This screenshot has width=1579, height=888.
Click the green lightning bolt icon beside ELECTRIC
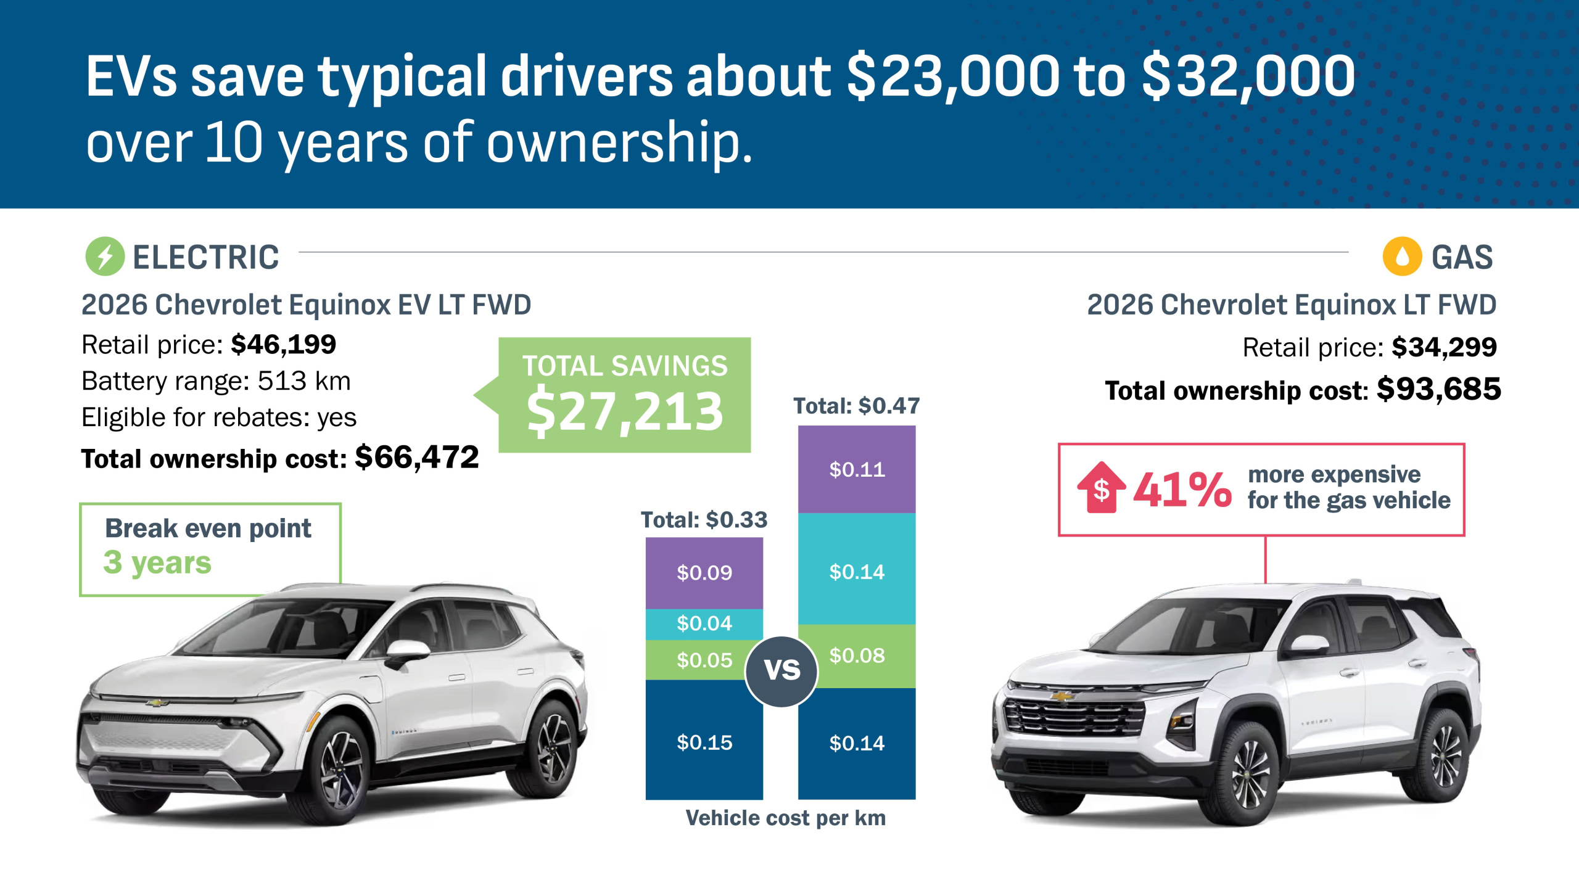105,256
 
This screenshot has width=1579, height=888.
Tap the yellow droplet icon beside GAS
1402,256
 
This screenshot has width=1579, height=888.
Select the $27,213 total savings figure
625,411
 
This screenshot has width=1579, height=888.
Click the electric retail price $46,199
284,345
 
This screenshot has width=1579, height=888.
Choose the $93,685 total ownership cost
1438,389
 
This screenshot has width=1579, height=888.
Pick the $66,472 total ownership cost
417,458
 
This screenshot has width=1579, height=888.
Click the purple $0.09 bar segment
704,573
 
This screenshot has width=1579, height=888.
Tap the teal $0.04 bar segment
704,623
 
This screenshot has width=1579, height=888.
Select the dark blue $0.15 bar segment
704,742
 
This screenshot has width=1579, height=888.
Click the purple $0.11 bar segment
856,469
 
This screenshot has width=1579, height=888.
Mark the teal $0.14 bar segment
856,572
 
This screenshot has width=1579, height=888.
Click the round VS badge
781,671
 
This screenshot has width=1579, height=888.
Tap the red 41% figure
1182,490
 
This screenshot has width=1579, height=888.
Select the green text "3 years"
157,562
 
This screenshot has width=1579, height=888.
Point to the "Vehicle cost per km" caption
785,818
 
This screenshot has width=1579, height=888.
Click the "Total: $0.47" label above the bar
856,406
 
